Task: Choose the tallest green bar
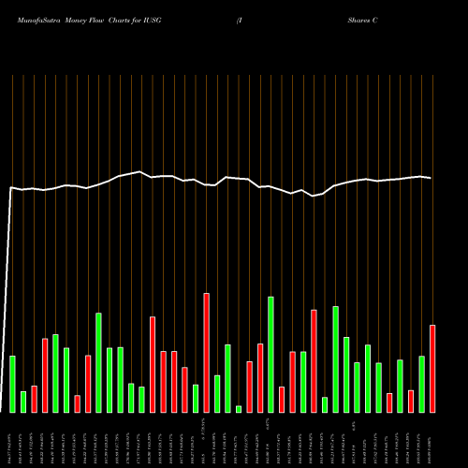[x=271, y=355]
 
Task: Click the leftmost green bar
[x=12, y=384]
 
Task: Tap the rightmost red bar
[x=432, y=369]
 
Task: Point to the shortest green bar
[x=239, y=409]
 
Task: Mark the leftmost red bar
[x=34, y=399]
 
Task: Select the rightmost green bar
[x=422, y=384]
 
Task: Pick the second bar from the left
[x=23, y=402]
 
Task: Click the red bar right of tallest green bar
[x=282, y=400]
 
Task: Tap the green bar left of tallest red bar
[x=196, y=399]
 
